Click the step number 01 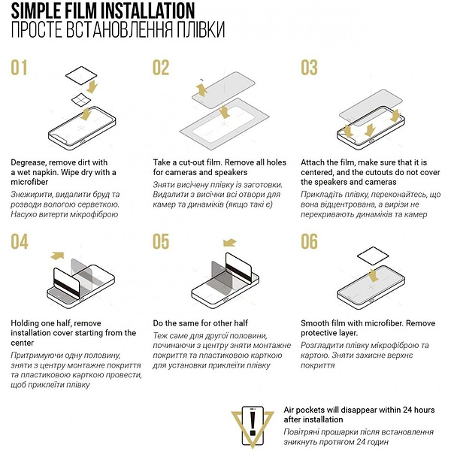point(19,68)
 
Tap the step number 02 point(161,68)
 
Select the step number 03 point(309,68)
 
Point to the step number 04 point(20,241)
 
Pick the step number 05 point(161,241)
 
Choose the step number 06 point(309,241)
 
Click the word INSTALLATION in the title point(148,11)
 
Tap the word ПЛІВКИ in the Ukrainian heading point(201,29)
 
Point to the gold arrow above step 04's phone point(57,256)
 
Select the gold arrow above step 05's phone point(229,243)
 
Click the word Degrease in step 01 point(29,163)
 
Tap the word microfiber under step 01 point(29,182)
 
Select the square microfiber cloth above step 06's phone point(373,256)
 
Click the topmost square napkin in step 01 point(81,75)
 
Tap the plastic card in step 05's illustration point(238,268)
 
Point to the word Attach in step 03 point(313,162)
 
